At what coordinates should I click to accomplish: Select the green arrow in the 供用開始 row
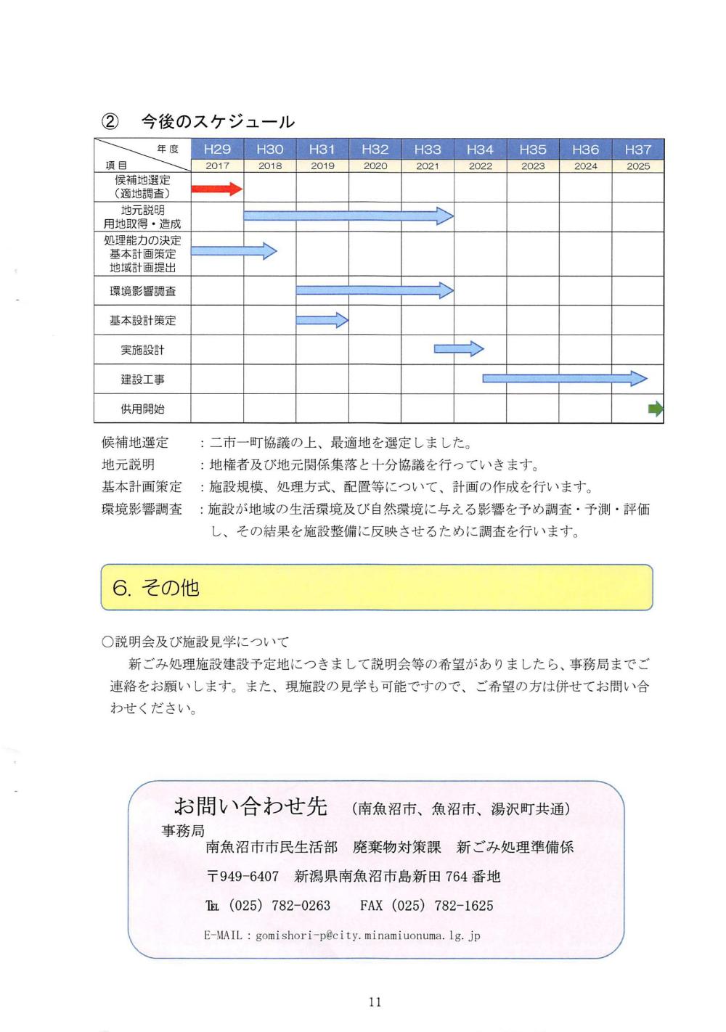pos(656,409)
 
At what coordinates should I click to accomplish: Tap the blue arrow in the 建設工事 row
pos(564,378)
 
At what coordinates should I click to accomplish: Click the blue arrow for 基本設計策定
pos(322,320)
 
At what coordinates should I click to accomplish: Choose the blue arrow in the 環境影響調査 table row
pos(375,291)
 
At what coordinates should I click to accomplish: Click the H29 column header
pos(217,150)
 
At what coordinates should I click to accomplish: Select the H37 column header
pos(637,150)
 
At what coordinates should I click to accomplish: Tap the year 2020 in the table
pos(375,166)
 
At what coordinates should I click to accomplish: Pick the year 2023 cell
pos(533,166)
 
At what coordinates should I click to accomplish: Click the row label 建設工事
pos(142,380)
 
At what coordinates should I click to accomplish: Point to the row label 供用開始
pos(142,409)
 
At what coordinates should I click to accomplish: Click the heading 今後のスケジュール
pos(218,121)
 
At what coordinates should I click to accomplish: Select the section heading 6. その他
pos(155,587)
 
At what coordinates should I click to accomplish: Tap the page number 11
pos(375,1002)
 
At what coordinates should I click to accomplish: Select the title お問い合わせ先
pos(250,806)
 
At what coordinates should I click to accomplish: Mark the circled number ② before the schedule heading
pos(110,121)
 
